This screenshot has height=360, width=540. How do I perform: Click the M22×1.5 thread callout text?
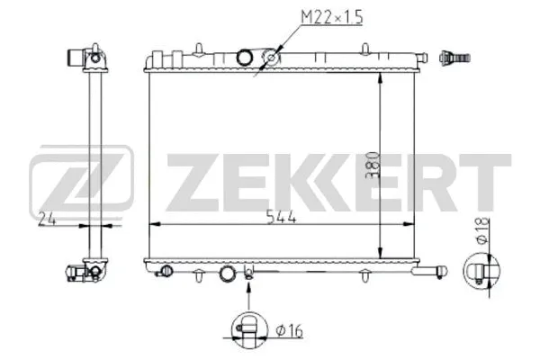coord(330,17)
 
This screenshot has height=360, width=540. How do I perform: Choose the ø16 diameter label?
coord(290,332)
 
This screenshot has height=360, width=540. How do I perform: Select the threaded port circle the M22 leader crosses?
coord(270,59)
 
